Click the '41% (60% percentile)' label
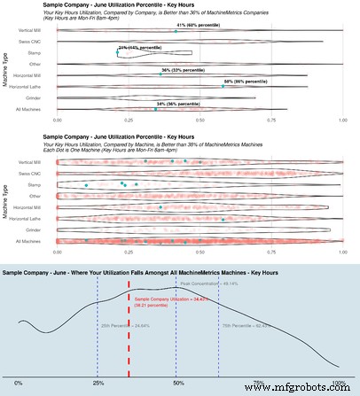[x=200, y=27]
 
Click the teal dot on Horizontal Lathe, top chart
[x=223, y=87]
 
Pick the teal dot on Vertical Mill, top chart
[x=176, y=31]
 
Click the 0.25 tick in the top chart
[x=129, y=118]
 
